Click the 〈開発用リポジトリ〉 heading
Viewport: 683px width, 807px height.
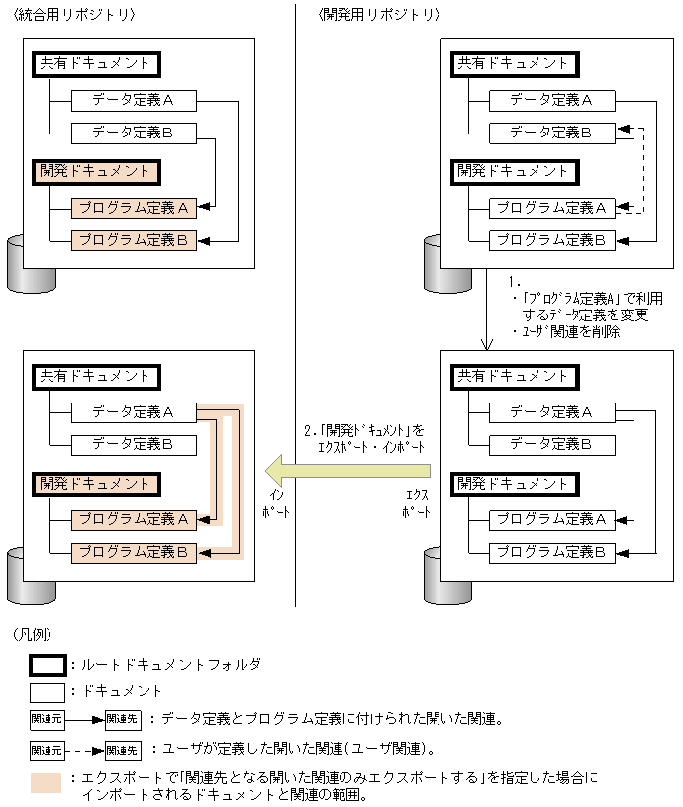[380, 15]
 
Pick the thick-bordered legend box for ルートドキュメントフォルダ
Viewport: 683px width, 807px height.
[48, 665]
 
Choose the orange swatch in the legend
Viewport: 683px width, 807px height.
[47, 783]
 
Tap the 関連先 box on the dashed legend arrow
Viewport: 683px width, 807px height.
[123, 751]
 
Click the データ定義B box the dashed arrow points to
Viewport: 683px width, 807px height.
[551, 132]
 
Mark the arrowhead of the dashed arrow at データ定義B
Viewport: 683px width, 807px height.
[620, 130]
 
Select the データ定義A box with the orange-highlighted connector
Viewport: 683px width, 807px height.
[134, 412]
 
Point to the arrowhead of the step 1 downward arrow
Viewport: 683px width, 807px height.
[486, 345]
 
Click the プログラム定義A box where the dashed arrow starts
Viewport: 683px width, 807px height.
[551, 208]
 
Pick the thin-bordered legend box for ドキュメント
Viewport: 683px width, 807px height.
[47, 691]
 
